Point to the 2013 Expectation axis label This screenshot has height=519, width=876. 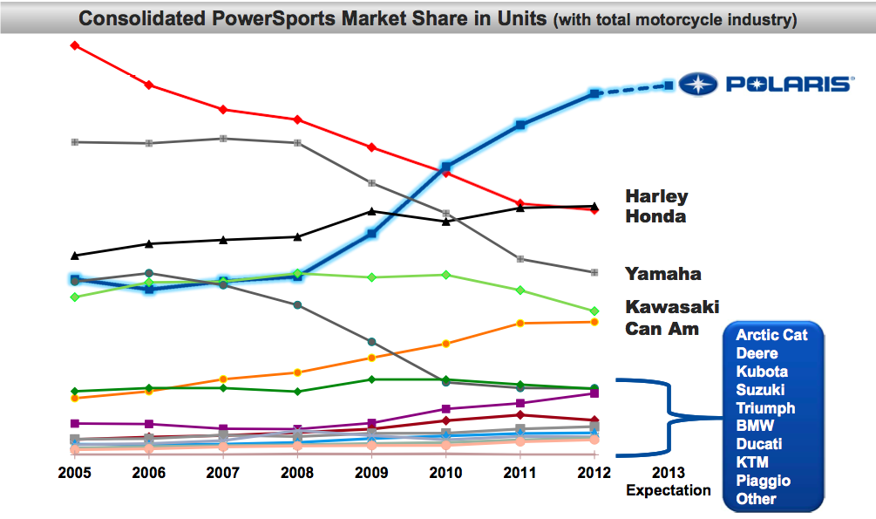[x=669, y=481]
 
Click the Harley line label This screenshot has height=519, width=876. [x=656, y=197]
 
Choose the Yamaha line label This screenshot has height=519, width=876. [x=662, y=274]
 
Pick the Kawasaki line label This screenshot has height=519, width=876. [x=671, y=308]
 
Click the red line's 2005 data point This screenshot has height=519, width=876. [x=75, y=44]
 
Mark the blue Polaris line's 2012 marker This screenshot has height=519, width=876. [x=594, y=93]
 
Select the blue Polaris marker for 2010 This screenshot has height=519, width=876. [x=445, y=167]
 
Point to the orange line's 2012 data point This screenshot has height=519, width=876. [x=594, y=322]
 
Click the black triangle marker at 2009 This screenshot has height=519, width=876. [x=371, y=211]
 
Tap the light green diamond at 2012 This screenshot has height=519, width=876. [x=594, y=311]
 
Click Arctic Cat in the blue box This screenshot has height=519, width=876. [x=771, y=335]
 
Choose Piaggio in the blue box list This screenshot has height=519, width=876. [x=763, y=481]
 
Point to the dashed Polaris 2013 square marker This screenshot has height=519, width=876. [x=669, y=85]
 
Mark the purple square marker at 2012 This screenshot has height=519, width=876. [x=594, y=393]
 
